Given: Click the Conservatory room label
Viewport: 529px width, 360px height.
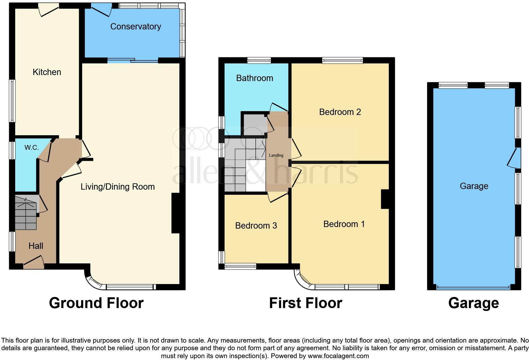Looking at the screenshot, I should (x=135, y=27).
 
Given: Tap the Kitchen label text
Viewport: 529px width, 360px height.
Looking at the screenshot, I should (x=47, y=72).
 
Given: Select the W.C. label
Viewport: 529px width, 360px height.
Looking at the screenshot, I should (x=32, y=148).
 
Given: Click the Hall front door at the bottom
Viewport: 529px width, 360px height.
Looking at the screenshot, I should (x=34, y=263).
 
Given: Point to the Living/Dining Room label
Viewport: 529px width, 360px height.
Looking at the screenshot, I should (x=117, y=187).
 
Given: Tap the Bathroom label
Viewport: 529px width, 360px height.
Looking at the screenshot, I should (x=254, y=78).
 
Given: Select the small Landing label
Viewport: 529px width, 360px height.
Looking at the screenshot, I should (x=276, y=155).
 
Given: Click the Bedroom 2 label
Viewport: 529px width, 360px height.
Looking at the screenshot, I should (x=340, y=112).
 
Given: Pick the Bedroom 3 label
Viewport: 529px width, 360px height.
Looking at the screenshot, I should (x=256, y=226).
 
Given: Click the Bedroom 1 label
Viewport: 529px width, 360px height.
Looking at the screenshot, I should (x=344, y=224).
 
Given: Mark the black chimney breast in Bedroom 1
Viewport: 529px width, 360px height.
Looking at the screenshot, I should (x=385, y=199).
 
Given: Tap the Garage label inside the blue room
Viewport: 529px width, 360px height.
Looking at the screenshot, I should (x=474, y=186).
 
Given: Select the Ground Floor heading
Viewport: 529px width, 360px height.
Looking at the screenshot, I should (x=96, y=303).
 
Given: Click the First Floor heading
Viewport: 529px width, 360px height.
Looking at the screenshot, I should (x=305, y=303).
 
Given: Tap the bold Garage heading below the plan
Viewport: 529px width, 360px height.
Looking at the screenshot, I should (x=473, y=303).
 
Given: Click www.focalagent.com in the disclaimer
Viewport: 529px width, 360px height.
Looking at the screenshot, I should (x=338, y=356).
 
